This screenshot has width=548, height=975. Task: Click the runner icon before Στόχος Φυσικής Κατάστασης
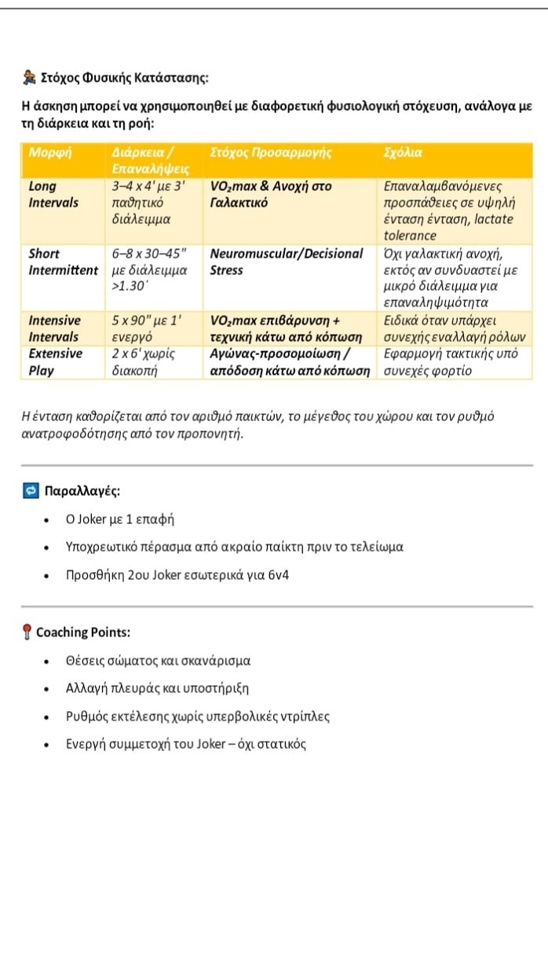point(29,78)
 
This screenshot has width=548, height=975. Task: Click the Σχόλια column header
point(404,152)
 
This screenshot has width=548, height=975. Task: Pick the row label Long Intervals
point(53,194)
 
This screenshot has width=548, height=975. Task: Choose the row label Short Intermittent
point(63,262)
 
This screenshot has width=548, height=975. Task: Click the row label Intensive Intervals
point(54,328)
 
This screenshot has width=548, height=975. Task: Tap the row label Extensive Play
point(54,361)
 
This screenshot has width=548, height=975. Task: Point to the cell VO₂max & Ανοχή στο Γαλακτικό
point(271,194)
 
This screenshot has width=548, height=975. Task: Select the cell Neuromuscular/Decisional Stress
point(287,262)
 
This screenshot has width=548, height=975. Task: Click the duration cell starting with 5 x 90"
point(147,328)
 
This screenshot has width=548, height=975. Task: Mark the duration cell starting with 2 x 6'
point(142,361)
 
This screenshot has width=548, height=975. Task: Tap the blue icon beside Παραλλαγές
point(30,491)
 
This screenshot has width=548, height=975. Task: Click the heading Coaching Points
point(83,632)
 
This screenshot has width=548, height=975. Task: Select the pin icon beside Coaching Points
point(27,632)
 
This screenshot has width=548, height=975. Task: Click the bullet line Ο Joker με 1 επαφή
point(119,519)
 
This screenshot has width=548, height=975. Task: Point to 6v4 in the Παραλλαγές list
point(278,574)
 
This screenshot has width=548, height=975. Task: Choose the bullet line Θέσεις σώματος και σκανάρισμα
point(158,661)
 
